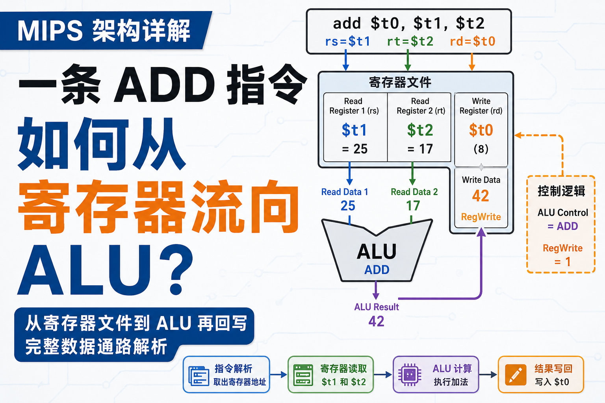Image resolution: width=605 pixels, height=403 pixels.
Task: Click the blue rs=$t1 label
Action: [347, 41]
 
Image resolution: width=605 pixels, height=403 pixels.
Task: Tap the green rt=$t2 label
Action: [410, 41]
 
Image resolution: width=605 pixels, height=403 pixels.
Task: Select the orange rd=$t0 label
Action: [472, 41]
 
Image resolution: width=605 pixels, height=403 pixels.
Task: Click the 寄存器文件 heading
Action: [400, 82]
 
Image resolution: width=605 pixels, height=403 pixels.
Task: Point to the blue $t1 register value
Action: [354, 130]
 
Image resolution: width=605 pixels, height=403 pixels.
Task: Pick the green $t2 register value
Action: [420, 130]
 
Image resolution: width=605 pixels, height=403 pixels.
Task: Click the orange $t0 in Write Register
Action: [481, 130]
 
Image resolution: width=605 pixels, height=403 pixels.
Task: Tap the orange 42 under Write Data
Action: [481, 196]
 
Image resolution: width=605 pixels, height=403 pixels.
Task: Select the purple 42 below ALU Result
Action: [376, 321]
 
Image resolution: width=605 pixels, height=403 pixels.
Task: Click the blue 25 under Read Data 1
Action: [348, 206]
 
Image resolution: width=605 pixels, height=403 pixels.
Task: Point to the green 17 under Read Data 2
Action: [413, 206]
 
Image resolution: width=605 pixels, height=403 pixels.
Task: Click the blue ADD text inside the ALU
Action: [377, 270]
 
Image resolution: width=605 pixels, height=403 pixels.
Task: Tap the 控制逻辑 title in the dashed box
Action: [561, 191]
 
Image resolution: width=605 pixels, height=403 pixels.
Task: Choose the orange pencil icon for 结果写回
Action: [516, 375]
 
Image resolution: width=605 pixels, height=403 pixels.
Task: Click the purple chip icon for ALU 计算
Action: [410, 375]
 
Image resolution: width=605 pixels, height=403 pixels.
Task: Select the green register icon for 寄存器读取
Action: [303, 375]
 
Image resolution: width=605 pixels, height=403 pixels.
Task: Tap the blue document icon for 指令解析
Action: [199, 375]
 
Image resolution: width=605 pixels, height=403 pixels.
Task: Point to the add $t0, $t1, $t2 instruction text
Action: [408, 23]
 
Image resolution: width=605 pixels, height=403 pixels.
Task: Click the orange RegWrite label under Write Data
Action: [481, 217]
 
